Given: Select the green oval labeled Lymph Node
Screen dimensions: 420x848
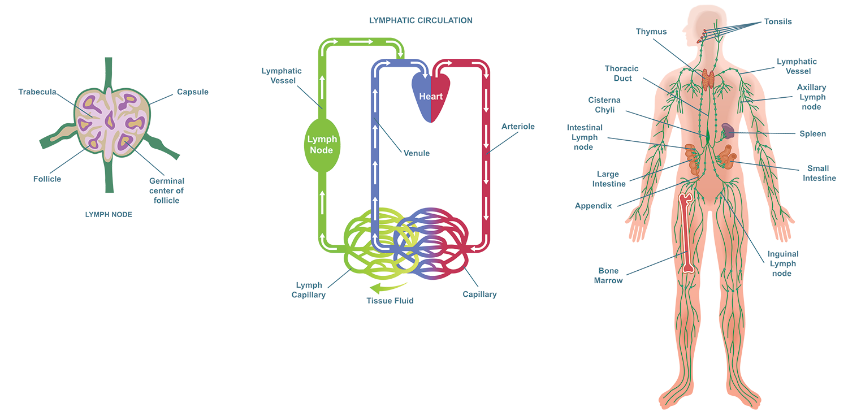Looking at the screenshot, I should point(322,144).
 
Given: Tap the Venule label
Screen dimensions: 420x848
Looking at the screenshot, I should point(417,153).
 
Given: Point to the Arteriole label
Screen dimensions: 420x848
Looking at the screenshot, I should point(518,127).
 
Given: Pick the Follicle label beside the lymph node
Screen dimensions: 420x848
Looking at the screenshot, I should point(44,180).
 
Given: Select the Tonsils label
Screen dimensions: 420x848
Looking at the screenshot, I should point(781,22).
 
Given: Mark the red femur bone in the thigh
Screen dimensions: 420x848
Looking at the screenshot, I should point(687,232).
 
